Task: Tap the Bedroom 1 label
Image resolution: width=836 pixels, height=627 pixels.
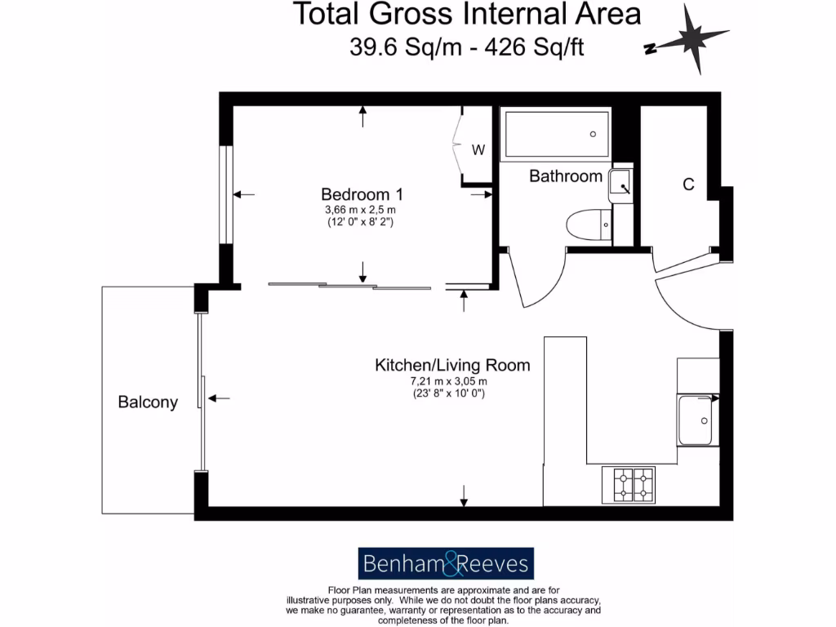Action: [362, 194]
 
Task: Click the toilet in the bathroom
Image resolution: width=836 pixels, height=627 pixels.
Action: [589, 224]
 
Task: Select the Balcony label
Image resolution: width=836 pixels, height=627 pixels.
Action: [148, 402]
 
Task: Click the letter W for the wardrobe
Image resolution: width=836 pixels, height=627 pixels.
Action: [479, 150]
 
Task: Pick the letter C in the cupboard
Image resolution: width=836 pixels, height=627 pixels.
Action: [688, 185]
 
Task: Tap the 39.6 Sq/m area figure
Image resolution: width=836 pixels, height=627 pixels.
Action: [394, 47]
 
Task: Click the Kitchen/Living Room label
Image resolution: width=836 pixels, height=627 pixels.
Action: [451, 365]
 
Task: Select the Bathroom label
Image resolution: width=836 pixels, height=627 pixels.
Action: [566, 176]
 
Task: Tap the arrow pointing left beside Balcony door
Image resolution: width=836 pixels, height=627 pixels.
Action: [219, 398]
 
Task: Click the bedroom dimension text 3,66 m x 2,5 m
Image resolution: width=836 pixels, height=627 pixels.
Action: [361, 210]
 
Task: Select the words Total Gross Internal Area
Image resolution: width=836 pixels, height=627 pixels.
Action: [466, 14]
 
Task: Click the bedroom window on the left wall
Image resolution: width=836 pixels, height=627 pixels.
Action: [226, 194]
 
